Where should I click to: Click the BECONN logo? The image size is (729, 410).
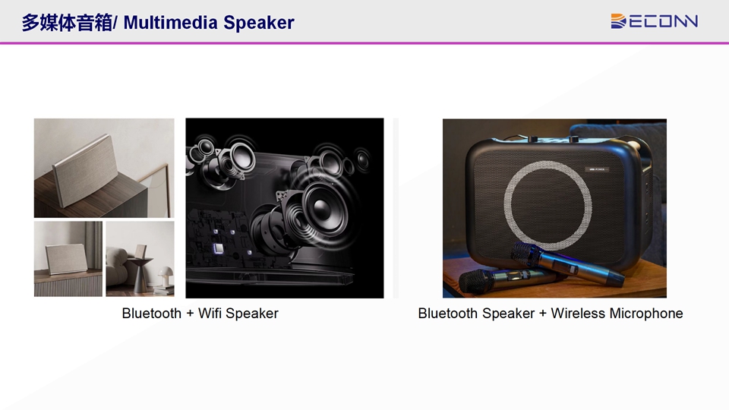654,21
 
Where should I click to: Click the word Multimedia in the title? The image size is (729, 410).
171,22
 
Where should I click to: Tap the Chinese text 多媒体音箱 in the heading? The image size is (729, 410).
67,22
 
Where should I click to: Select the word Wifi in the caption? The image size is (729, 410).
210,314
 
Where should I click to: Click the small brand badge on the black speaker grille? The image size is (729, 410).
597,169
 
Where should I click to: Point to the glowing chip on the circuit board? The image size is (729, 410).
218,248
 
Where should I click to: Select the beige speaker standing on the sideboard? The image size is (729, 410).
66,258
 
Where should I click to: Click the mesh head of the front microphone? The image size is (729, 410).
477,281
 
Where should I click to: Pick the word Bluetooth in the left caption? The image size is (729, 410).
152,314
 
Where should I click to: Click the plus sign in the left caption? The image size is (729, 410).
190,314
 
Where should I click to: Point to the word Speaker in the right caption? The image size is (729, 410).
508,314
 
